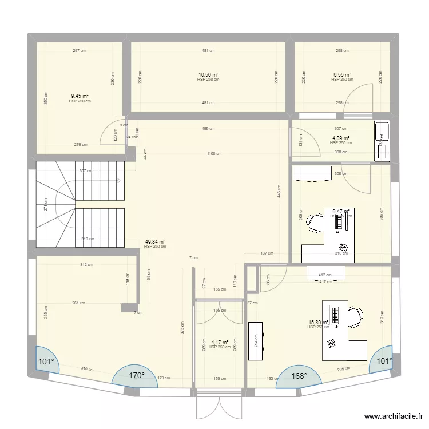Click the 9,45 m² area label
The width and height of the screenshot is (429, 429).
[80, 96]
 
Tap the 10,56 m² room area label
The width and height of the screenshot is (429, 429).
[208, 74]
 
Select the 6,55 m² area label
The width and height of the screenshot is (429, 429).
[342, 74]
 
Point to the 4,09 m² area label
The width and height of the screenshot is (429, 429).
[341, 138]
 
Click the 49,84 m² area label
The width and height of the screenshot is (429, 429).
[155, 242]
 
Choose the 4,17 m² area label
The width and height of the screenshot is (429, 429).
[219, 343]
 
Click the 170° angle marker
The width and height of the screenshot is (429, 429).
[136, 376]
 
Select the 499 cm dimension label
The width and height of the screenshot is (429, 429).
[208, 129]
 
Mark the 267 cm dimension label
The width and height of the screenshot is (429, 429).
[79, 51]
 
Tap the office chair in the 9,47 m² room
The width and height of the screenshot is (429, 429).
[315, 221]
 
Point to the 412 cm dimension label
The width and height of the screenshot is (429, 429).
[325, 276]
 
